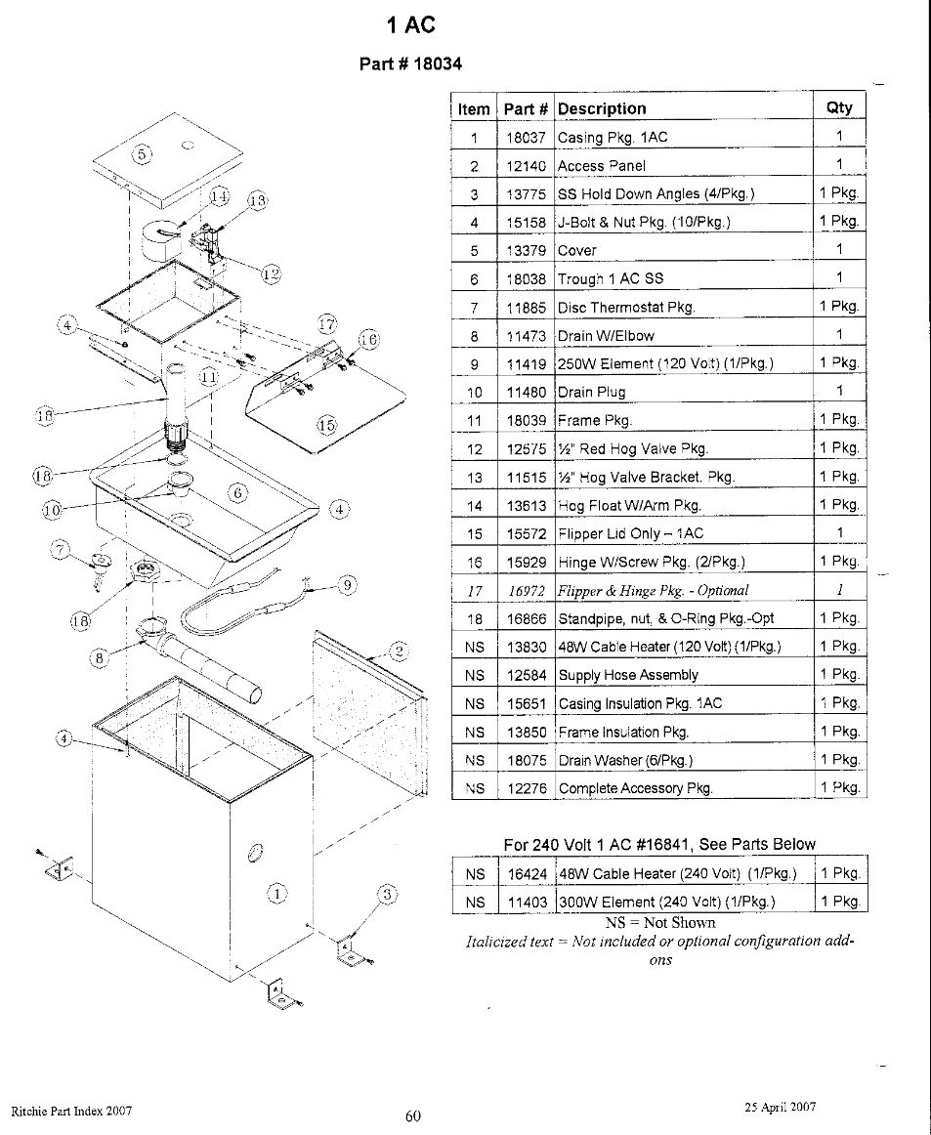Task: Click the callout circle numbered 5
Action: pyautogui.click(x=141, y=154)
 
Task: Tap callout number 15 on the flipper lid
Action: pyautogui.click(x=326, y=425)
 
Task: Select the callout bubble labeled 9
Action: pyautogui.click(x=347, y=586)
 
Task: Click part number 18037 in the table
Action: pyautogui.click(x=526, y=138)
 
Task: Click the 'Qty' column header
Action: pyautogui.click(x=838, y=107)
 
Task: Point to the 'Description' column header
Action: pyautogui.click(x=602, y=108)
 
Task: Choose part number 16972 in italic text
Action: pyautogui.click(x=526, y=590)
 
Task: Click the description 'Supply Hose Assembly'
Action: pyautogui.click(x=628, y=675)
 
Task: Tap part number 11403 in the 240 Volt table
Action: pyautogui.click(x=526, y=902)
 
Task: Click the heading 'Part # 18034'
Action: pyautogui.click(x=410, y=64)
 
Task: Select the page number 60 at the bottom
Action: pyautogui.click(x=412, y=1116)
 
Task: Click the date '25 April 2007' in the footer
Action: pyautogui.click(x=780, y=1107)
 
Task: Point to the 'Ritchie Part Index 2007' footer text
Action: pyautogui.click(x=71, y=1112)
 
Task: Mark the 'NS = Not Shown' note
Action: pyautogui.click(x=660, y=922)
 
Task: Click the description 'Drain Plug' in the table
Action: pyautogui.click(x=591, y=393)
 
